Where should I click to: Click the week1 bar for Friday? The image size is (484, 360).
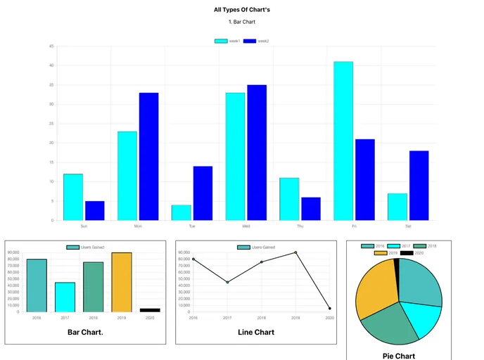pyautogui.click(x=343, y=141)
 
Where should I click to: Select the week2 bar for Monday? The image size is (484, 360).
pyautogui.click(x=148, y=156)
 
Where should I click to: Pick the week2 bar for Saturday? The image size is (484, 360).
pyautogui.click(x=419, y=185)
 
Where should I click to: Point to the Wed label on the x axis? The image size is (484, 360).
pyautogui.click(x=246, y=226)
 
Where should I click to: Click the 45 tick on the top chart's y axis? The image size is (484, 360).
pyautogui.click(x=51, y=46)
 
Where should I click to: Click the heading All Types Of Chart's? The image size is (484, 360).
pyautogui.click(x=241, y=10)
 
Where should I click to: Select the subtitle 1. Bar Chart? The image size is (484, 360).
pyautogui.click(x=241, y=22)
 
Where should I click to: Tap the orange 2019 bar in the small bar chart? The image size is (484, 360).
pyautogui.click(x=122, y=282)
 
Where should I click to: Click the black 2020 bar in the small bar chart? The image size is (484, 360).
pyautogui.click(x=150, y=310)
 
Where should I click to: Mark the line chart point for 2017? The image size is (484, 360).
pyautogui.click(x=227, y=282)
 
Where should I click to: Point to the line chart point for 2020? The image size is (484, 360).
pyautogui.click(x=329, y=309)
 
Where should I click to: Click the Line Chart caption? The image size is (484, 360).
pyautogui.click(x=256, y=332)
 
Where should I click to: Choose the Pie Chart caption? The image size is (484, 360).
pyautogui.click(x=399, y=356)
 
